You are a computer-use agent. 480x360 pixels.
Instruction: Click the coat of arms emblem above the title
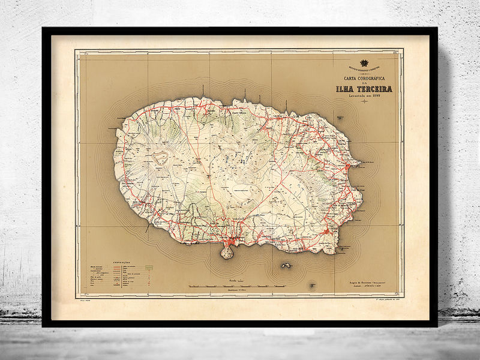pyautogui.click(x=363, y=63)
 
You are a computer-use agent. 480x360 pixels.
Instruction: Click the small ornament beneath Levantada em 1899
pyautogui.click(x=364, y=102)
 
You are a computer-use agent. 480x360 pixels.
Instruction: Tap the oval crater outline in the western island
pyautogui.click(x=160, y=158)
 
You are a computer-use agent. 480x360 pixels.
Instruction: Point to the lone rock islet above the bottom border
pyautogui.click(x=311, y=284)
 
